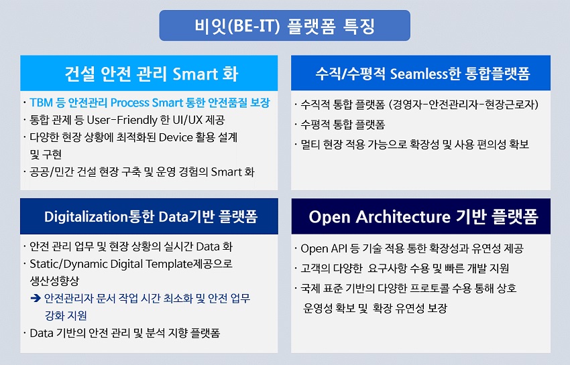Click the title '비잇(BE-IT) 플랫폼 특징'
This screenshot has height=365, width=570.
coord(284,26)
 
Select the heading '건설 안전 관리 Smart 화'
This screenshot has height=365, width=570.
coord(152,74)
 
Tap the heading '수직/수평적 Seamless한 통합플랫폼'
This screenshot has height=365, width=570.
coord(422,74)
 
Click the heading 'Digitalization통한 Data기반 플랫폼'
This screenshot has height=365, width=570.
coord(151,217)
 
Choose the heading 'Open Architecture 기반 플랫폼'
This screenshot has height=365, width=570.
coord(423,217)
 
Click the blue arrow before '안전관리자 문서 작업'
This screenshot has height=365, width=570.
coord(36,299)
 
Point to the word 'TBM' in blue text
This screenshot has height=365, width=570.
coord(41,102)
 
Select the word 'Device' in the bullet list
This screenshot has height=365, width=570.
coord(176,137)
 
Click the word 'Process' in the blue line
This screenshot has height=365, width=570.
coord(129,102)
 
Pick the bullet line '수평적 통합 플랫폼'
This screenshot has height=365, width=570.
coord(343,125)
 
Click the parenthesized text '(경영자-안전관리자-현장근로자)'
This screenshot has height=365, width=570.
coord(463,104)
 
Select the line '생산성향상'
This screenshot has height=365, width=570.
coord(54,281)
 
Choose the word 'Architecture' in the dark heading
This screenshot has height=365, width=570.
coord(403,217)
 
